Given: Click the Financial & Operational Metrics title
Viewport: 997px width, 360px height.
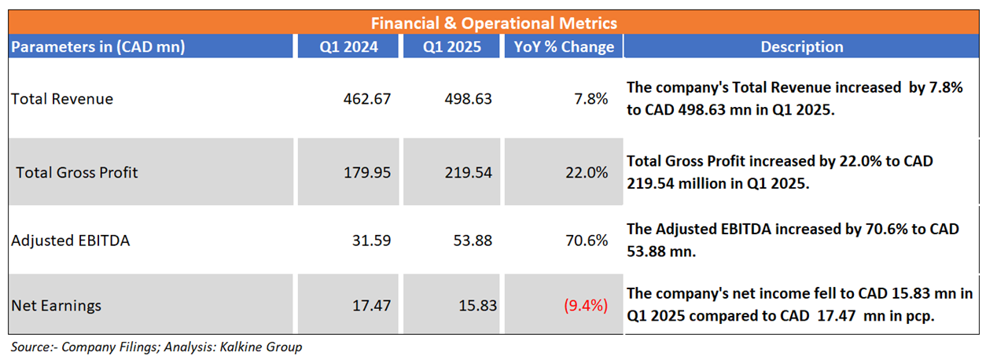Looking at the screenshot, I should [494, 23].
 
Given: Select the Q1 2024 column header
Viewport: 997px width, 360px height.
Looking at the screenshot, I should [348, 47].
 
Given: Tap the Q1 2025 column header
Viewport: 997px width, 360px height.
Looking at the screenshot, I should [452, 47].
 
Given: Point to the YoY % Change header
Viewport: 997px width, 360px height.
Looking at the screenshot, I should [563, 47].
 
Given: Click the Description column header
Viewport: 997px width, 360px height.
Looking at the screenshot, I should [801, 47].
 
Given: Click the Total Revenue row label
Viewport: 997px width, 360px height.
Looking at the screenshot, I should [62, 99].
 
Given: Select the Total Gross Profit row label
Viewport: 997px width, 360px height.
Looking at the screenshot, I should [77, 171].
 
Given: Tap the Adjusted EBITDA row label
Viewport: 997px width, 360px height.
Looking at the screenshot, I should [71, 241].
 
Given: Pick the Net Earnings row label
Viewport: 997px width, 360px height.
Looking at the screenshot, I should [57, 305].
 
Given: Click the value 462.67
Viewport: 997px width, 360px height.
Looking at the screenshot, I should [366, 99].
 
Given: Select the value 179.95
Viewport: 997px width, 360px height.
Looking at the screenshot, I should [366, 171].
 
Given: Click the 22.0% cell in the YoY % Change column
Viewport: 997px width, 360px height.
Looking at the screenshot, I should [586, 171].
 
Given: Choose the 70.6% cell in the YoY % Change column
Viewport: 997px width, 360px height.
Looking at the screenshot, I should [586, 241].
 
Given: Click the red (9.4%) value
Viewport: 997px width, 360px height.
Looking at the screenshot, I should [585, 305].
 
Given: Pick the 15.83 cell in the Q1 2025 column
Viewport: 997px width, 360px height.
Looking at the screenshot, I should [477, 305].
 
